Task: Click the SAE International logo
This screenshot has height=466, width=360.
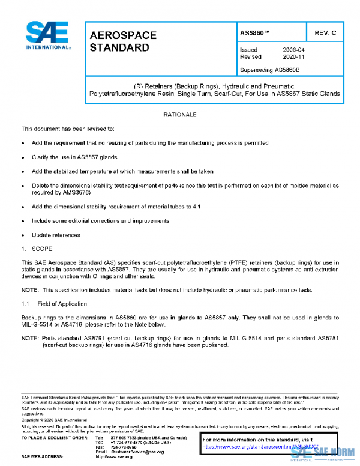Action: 47,36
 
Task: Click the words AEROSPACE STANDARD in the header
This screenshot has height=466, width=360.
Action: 123,41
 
